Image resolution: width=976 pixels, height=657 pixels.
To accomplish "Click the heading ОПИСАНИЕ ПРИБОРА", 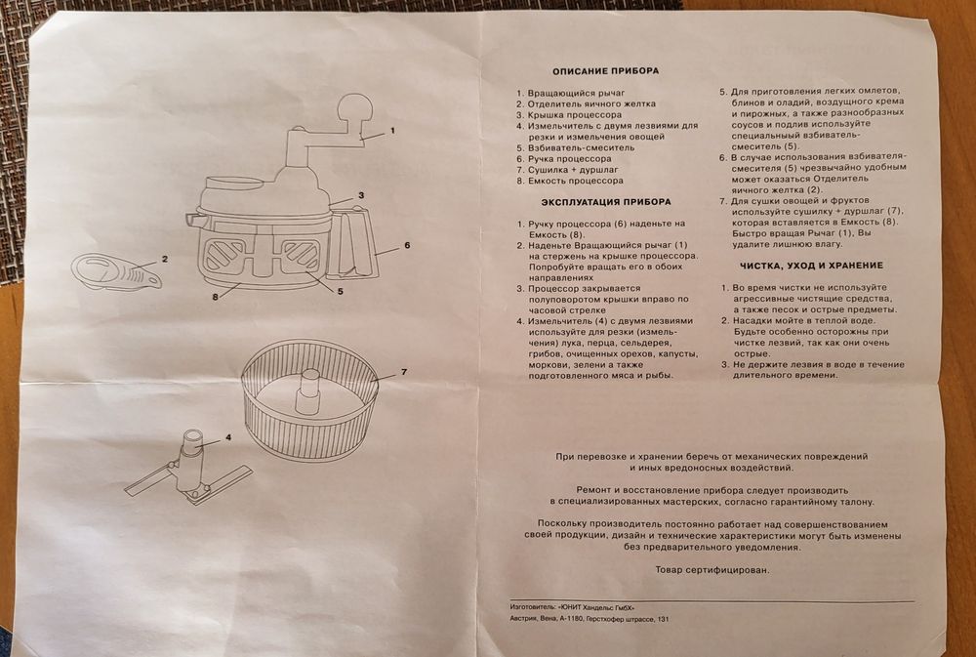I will click(x=605, y=71).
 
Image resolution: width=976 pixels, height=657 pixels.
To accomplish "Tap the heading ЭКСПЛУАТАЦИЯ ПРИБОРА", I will click(x=606, y=202).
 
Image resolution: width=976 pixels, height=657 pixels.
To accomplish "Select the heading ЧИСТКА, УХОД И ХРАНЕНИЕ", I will click(x=811, y=266).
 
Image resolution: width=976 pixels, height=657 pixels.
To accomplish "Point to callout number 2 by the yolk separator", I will click(x=166, y=259).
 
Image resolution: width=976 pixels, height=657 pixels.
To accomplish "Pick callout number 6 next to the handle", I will click(x=406, y=244).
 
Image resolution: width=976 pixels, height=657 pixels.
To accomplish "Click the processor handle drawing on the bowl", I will click(x=356, y=244).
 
